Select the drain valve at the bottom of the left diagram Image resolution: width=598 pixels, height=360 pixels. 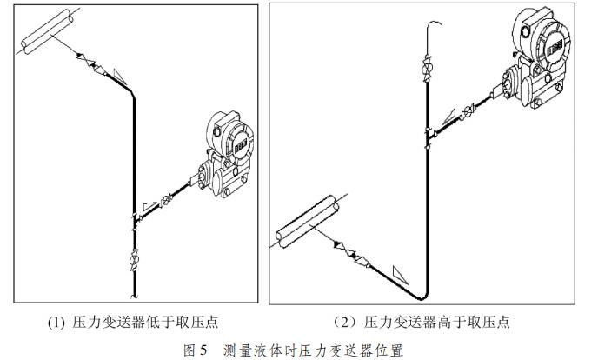[134, 259]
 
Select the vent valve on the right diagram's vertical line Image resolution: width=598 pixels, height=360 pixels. [426, 68]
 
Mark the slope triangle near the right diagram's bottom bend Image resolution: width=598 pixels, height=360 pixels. [399, 273]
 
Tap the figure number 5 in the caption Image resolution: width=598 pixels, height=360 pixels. [203, 350]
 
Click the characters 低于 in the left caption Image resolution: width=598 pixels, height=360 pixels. [185, 323]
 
